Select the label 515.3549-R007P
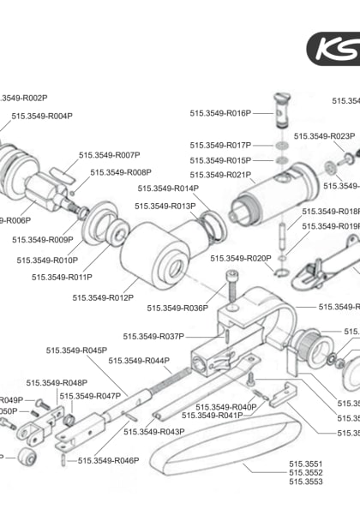point(109,155)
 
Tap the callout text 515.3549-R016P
point(220,112)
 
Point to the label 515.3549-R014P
point(168,188)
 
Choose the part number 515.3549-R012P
point(103,297)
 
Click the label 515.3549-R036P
point(177,308)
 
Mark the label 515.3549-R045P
point(77,350)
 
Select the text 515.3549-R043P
point(154,432)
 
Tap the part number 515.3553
point(305,482)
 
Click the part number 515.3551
point(305,464)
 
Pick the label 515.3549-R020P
point(241,258)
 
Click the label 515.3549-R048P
point(57,383)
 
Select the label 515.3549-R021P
point(220,175)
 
